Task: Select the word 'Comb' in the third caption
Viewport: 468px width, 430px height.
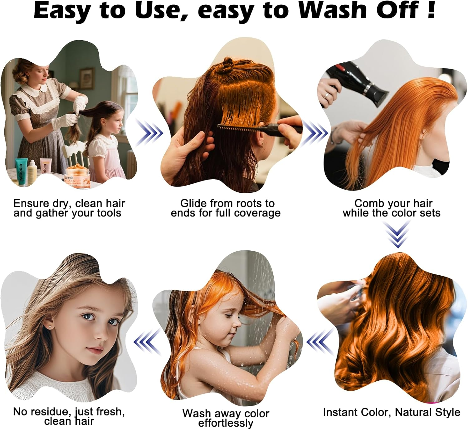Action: pos(367,203)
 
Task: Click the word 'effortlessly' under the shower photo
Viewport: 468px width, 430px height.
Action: pos(226,423)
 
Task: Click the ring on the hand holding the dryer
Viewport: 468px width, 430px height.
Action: pos(326,94)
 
